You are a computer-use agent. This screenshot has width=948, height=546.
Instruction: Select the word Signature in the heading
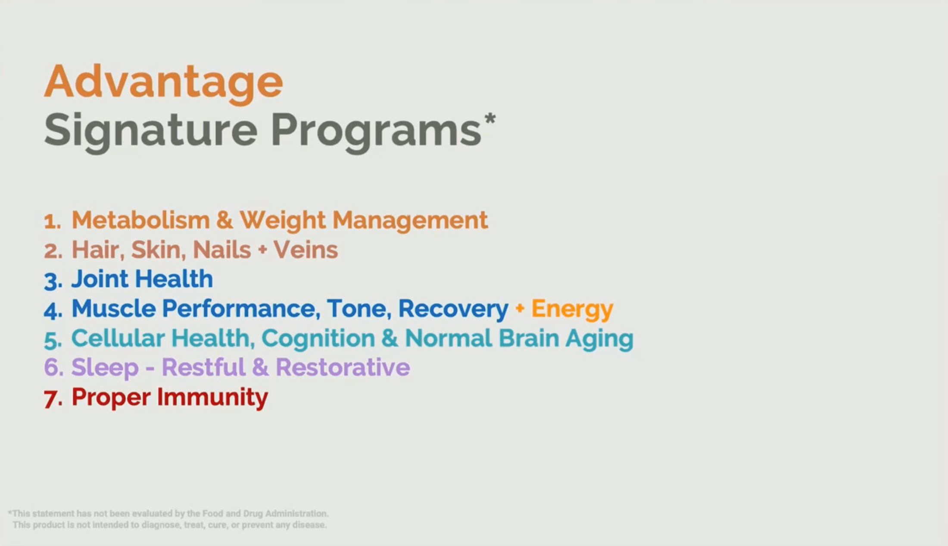[x=151, y=132]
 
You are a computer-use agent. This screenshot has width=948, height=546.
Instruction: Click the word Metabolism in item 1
[x=140, y=220]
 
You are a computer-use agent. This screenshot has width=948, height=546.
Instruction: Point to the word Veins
[x=306, y=250]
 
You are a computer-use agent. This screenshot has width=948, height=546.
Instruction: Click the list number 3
[x=53, y=281]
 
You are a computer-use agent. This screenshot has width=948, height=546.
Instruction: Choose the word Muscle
[x=114, y=309]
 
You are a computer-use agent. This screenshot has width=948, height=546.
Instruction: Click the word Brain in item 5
[x=529, y=338]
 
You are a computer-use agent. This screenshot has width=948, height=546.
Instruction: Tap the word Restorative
[x=343, y=367]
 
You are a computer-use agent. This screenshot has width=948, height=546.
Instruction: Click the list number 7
[x=53, y=399]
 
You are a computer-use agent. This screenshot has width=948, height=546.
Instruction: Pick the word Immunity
[x=212, y=397]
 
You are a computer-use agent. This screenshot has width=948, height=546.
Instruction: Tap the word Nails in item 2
[x=222, y=250]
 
